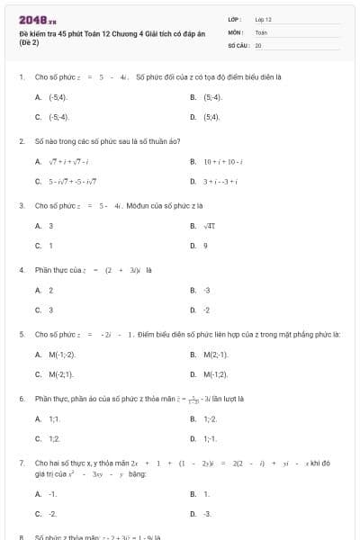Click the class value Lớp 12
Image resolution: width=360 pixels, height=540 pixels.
pyautogui.click(x=263, y=19)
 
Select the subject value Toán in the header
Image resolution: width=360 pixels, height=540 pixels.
pyautogui.click(x=262, y=31)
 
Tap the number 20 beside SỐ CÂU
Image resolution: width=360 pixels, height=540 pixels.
pyautogui.click(x=258, y=44)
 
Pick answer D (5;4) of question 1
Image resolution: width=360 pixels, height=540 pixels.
pyautogui.click(x=211, y=117)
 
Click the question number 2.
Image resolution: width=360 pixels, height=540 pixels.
pyautogui.click(x=21, y=141)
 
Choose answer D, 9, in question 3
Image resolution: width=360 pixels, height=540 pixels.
pyautogui.click(x=206, y=246)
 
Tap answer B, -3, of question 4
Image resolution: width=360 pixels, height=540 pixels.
pyautogui.click(x=207, y=290)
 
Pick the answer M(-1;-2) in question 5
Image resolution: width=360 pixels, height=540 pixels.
pyautogui.click(x=62, y=354)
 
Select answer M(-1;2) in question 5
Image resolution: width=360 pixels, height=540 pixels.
pyautogui.click(x=215, y=374)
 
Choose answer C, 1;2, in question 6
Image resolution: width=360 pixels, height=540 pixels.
pyautogui.click(x=54, y=438)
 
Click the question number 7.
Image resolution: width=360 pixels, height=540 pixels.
pyautogui.click(x=21, y=462)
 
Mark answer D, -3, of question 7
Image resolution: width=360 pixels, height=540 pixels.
pyautogui.click(x=208, y=514)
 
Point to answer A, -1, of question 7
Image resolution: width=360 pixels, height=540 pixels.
pyautogui.click(x=53, y=494)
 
